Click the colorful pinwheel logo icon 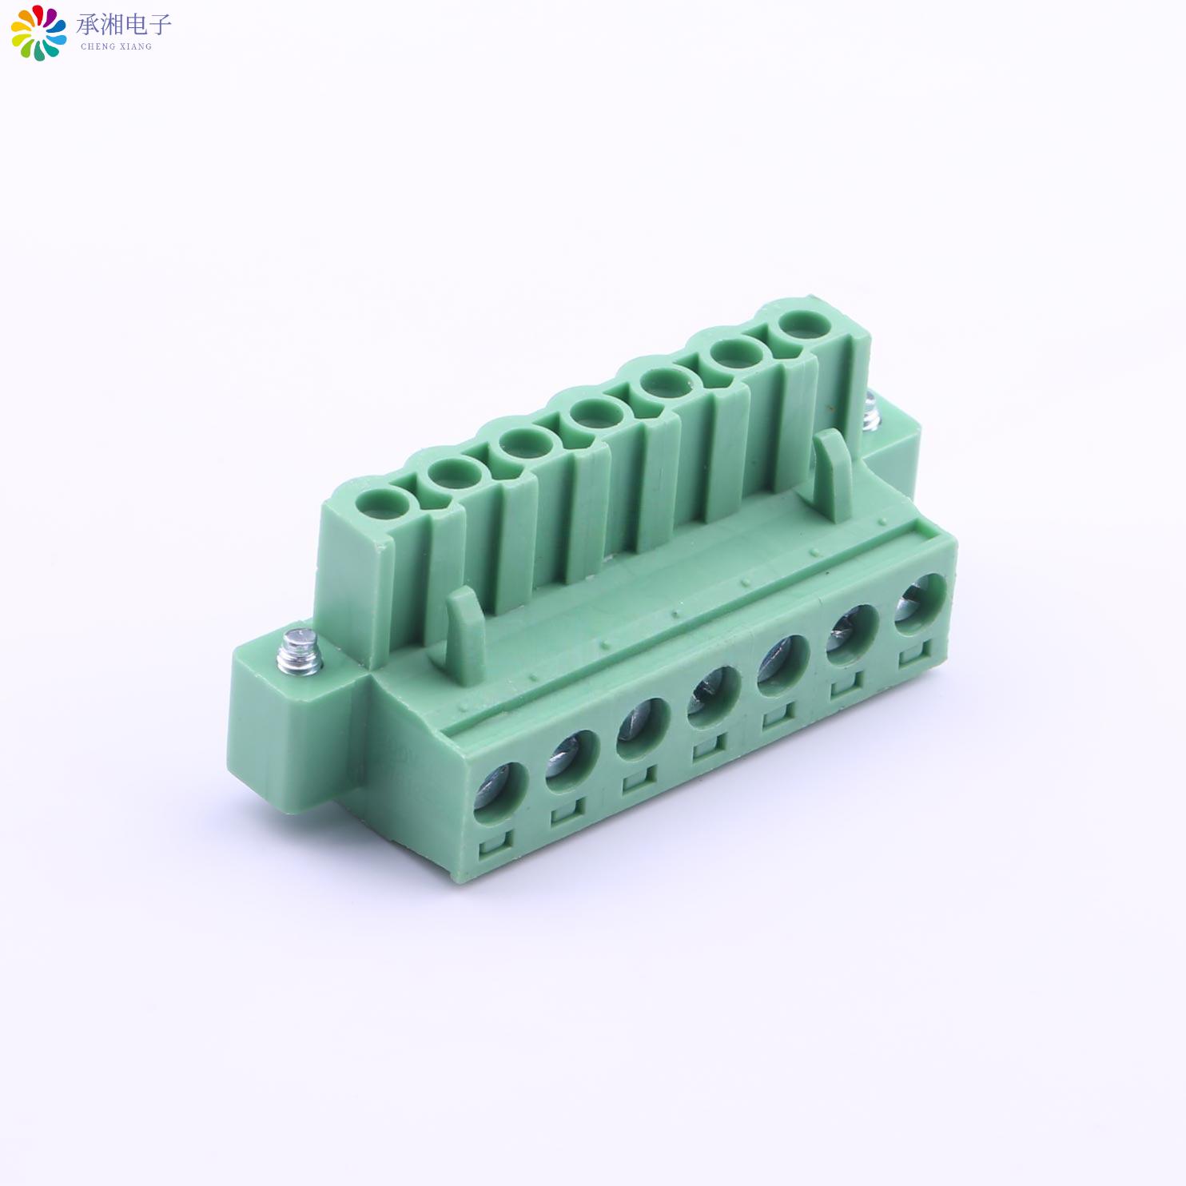pos(38,32)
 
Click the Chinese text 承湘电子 pos(124,25)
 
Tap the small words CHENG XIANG pos(117,46)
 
